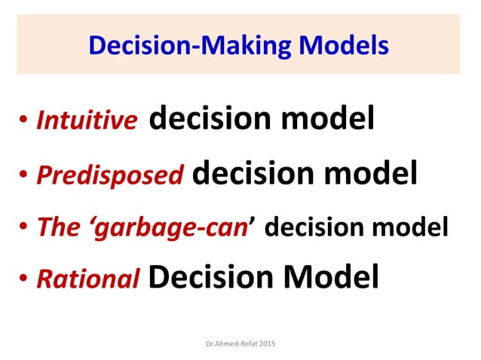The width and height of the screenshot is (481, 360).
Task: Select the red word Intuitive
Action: click(87, 121)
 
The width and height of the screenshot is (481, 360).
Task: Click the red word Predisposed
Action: click(110, 175)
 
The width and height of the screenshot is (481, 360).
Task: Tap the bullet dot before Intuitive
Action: click(24, 122)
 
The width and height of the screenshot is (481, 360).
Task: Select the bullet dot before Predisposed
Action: click(24, 175)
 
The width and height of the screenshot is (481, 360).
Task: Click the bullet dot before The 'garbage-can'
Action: click(24, 227)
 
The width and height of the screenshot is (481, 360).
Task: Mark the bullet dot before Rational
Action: click(24, 280)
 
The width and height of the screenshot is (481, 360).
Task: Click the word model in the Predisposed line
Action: click(369, 172)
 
